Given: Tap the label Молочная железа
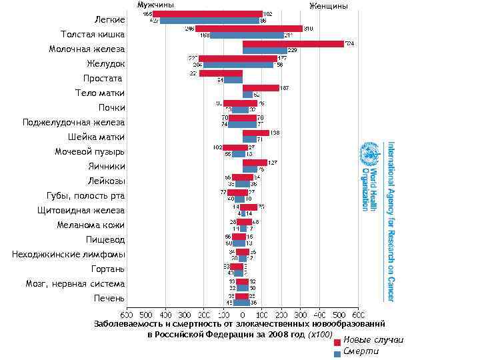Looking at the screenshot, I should [x=87, y=49].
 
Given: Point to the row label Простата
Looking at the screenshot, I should [x=103, y=79].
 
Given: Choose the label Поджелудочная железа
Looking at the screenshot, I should [x=73, y=122].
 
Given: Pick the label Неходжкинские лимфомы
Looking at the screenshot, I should [x=68, y=254].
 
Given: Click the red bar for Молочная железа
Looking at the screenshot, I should [x=293, y=44].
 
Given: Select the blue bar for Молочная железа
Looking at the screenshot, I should [x=265, y=51].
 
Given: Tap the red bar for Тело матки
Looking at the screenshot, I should [x=261, y=88].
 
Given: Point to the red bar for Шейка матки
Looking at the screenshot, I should [x=256, y=133].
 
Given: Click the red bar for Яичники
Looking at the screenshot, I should [x=255, y=162].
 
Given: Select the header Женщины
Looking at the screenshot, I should [x=329, y=6].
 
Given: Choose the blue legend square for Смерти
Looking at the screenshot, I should [x=337, y=353].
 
